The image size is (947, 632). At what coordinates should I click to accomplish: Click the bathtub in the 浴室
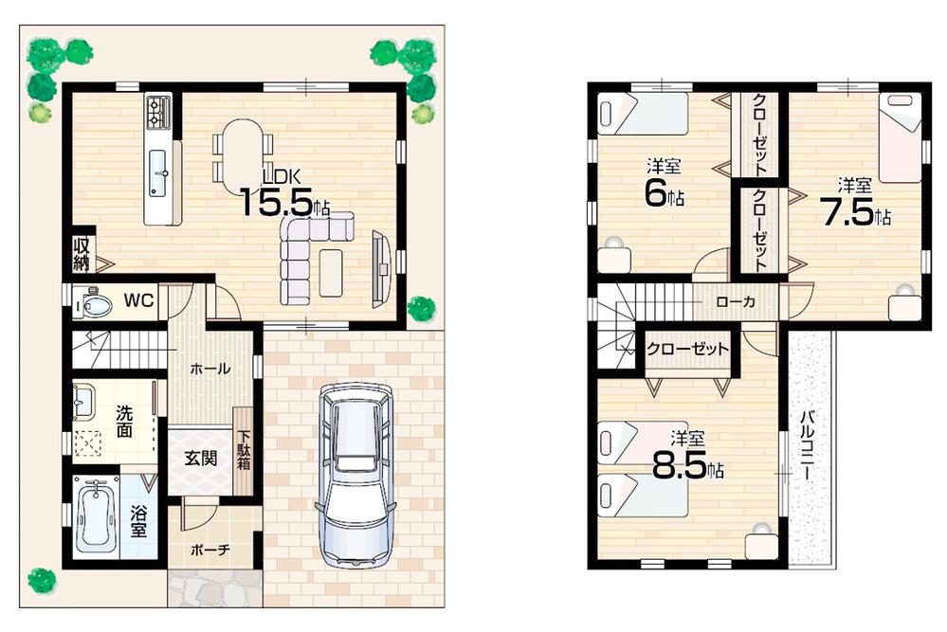tap(96, 516)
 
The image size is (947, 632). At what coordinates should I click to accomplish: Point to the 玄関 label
tap(200, 459)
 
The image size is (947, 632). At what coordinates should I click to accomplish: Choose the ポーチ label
tap(209, 549)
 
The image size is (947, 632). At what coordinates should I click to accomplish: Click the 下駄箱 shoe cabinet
tap(244, 451)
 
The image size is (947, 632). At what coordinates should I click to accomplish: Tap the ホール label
tap(209, 369)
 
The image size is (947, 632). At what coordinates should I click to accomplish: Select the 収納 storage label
tap(82, 253)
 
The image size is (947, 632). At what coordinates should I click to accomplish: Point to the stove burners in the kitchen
tap(158, 114)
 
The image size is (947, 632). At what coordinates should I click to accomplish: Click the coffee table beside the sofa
tap(332, 272)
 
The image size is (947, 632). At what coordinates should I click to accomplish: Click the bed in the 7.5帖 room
tap(900, 137)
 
